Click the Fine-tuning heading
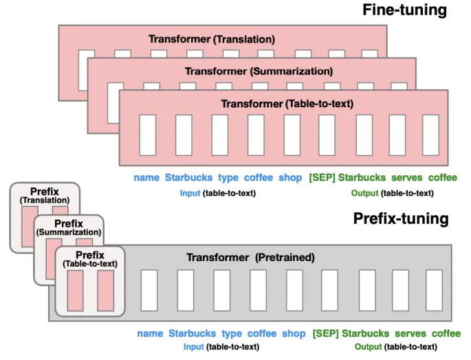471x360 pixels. point(405,10)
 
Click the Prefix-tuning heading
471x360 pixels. point(400,218)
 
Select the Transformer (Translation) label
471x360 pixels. point(212,39)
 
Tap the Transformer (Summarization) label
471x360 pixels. point(259,71)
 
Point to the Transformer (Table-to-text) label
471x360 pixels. point(287,103)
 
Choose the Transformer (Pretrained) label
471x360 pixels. point(250,258)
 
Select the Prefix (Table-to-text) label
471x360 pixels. point(90,259)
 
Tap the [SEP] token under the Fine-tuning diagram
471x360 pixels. point(322,177)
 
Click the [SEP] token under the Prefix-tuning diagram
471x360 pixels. point(325,333)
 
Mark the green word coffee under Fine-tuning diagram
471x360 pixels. point(442,177)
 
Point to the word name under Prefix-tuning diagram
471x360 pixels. point(150,333)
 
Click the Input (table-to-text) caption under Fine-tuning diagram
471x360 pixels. point(217,193)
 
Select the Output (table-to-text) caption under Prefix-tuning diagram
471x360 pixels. point(395,347)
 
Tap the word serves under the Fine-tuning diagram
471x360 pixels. point(406,177)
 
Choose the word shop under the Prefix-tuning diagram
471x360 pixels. point(294,333)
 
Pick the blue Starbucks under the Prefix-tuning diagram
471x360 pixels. point(192,333)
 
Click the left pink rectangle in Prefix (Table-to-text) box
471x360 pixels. point(76,290)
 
